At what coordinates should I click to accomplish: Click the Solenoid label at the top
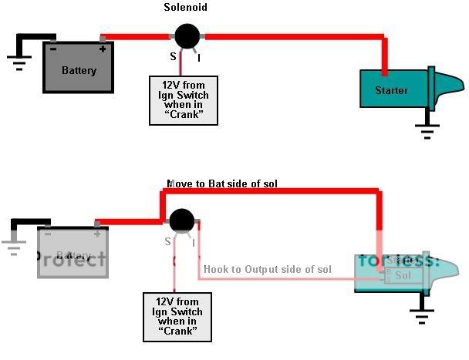click(186, 8)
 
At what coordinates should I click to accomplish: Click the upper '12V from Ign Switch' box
click(183, 99)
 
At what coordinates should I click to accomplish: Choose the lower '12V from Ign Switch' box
click(177, 317)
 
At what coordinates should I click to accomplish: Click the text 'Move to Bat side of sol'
click(222, 183)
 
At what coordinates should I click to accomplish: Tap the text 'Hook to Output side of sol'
click(267, 269)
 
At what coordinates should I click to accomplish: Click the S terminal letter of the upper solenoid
click(173, 57)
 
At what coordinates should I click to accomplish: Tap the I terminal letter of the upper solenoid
click(200, 57)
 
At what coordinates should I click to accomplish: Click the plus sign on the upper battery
click(102, 48)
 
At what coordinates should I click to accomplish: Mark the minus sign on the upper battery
click(52, 48)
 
